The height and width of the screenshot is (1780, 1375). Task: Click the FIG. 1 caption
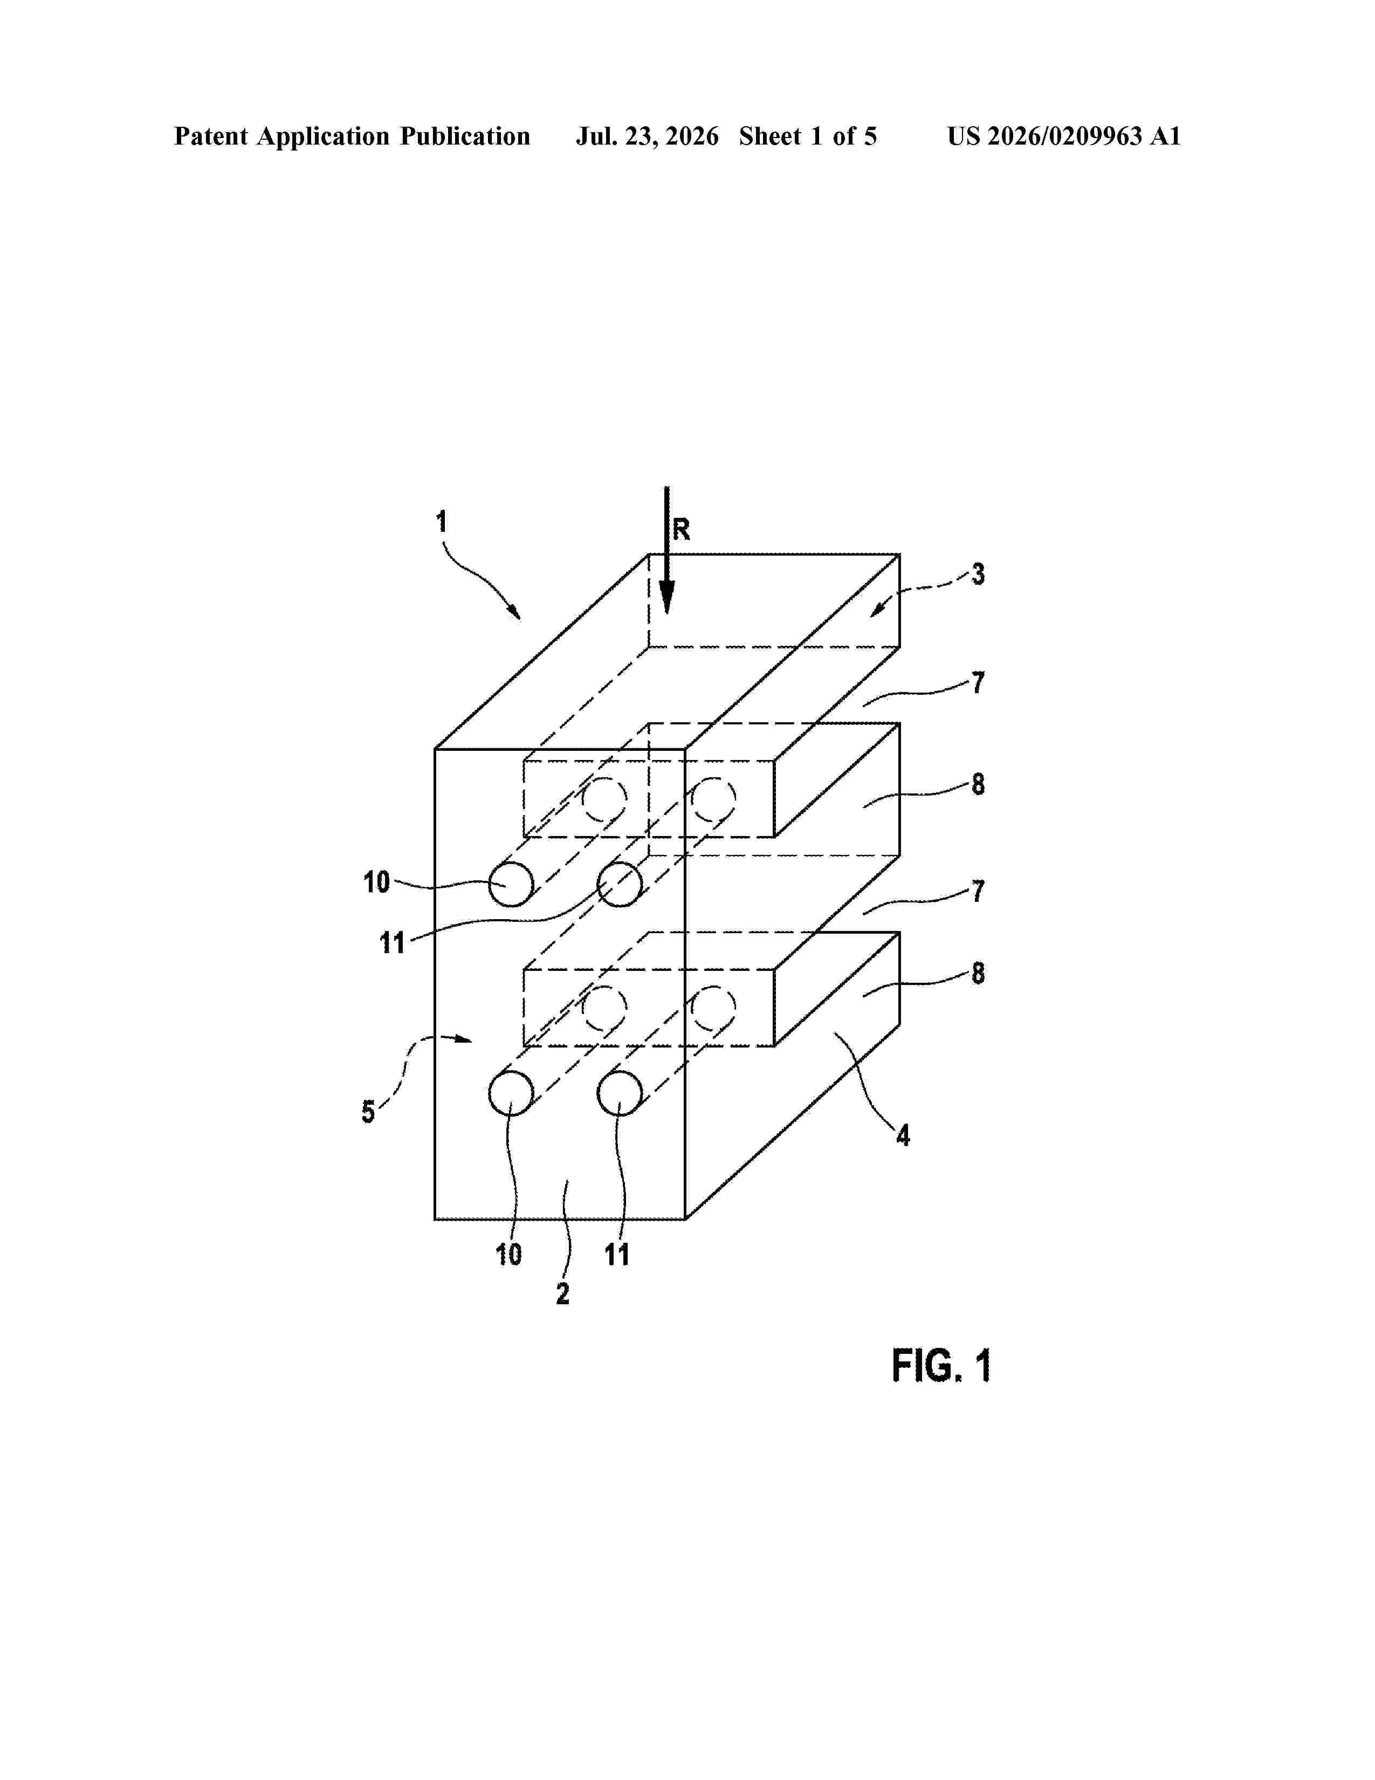pyautogui.click(x=941, y=1365)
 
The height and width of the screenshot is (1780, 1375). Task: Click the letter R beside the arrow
pyautogui.click(x=681, y=530)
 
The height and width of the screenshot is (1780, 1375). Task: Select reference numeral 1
pyautogui.click(x=442, y=522)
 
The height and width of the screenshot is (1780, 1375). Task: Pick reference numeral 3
pyautogui.click(x=978, y=574)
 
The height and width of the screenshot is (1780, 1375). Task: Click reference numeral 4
pyautogui.click(x=903, y=1135)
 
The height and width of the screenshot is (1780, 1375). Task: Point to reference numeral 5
pyautogui.click(x=368, y=1112)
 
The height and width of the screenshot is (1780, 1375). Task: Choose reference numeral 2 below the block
pyautogui.click(x=562, y=1293)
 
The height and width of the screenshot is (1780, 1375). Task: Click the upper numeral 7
pyautogui.click(x=978, y=682)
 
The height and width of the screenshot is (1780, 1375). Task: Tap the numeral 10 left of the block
pyautogui.click(x=376, y=882)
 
